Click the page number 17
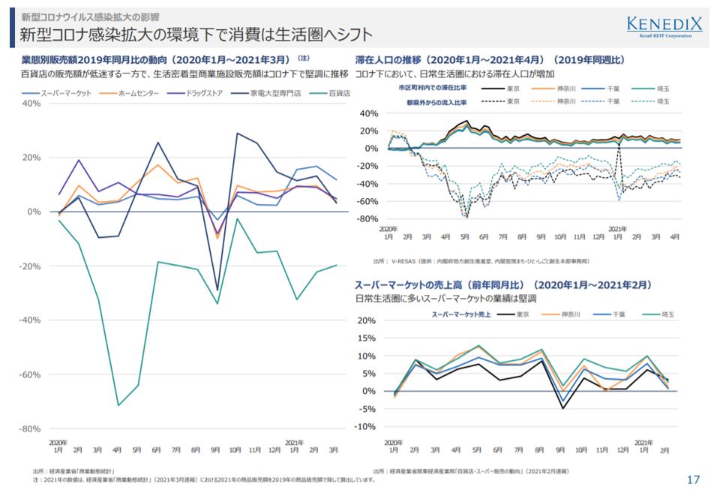[694, 479]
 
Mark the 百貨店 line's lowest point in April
[118, 405]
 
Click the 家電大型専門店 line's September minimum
[217, 290]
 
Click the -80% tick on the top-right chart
[370, 219]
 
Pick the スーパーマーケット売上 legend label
[460, 314]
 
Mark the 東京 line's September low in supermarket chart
[562, 408]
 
